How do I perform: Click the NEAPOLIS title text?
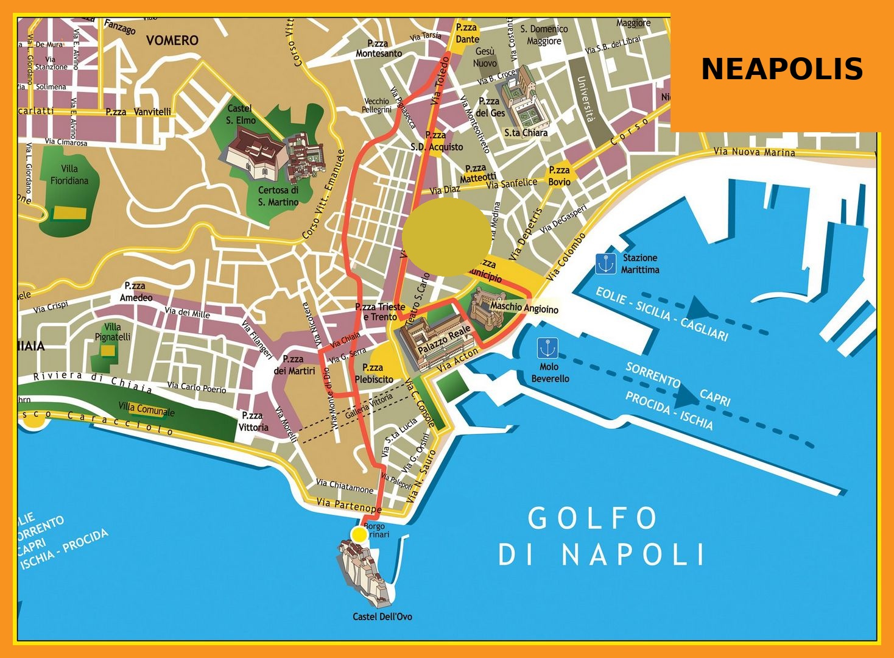pyautogui.click(x=782, y=69)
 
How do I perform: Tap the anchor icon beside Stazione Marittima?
pyautogui.click(x=605, y=264)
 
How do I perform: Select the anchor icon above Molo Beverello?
pyautogui.click(x=547, y=348)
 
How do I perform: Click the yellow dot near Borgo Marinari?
pyautogui.click(x=359, y=534)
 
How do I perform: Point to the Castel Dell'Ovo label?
pyautogui.click(x=382, y=617)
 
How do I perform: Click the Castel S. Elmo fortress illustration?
pyautogui.click(x=256, y=152)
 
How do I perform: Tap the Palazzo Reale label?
pyautogui.click(x=444, y=339)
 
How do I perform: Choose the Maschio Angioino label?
pyautogui.click(x=524, y=308)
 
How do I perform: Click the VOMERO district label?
pyautogui.click(x=172, y=40)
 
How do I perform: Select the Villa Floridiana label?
pyautogui.click(x=69, y=175)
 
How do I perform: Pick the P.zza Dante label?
pyautogui.click(x=467, y=33)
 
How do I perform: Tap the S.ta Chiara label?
pyautogui.click(x=526, y=132)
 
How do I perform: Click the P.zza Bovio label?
pyautogui.click(x=559, y=176)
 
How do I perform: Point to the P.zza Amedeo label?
pyautogui.click(x=136, y=292)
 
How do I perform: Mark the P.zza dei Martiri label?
pyautogui.click(x=294, y=365)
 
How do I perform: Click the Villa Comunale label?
pyautogui.click(x=146, y=409)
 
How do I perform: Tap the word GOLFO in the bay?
pyautogui.click(x=593, y=518)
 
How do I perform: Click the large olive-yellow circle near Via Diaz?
pyautogui.click(x=446, y=237)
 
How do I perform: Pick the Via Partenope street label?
pyautogui.click(x=349, y=504)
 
